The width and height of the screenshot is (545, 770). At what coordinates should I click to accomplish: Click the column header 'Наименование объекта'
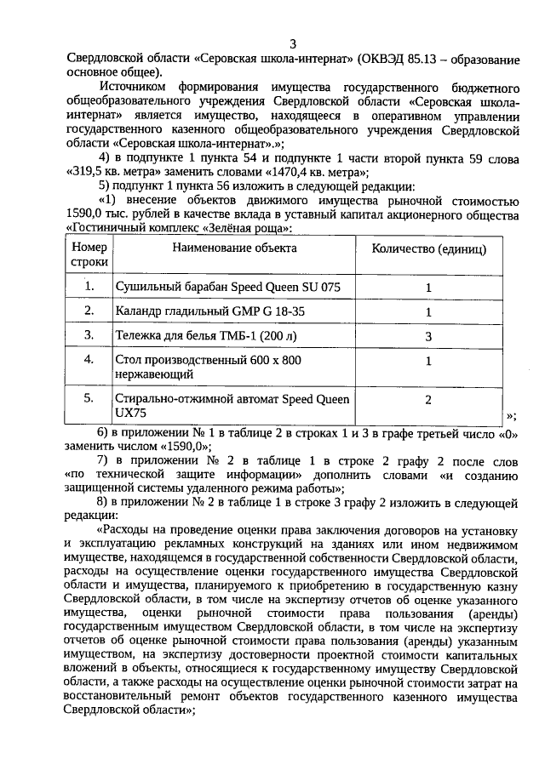click(234, 248)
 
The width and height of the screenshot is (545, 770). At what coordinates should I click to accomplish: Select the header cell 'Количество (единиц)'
click(429, 248)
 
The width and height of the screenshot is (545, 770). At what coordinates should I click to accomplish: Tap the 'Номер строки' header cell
click(89, 254)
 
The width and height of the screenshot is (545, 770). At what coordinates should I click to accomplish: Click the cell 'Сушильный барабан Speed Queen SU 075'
click(227, 288)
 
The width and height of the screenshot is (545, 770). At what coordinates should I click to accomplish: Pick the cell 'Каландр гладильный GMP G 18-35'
click(209, 311)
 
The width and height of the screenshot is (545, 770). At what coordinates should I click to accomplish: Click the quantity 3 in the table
click(429, 336)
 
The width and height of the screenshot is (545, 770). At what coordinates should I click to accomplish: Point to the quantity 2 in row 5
click(429, 399)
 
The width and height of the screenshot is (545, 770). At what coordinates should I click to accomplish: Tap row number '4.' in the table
click(89, 360)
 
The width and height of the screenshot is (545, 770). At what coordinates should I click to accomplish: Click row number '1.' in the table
click(89, 287)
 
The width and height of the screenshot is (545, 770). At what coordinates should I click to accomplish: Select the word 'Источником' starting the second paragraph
click(134, 88)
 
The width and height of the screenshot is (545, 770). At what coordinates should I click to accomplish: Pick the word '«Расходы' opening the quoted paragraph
click(129, 528)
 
